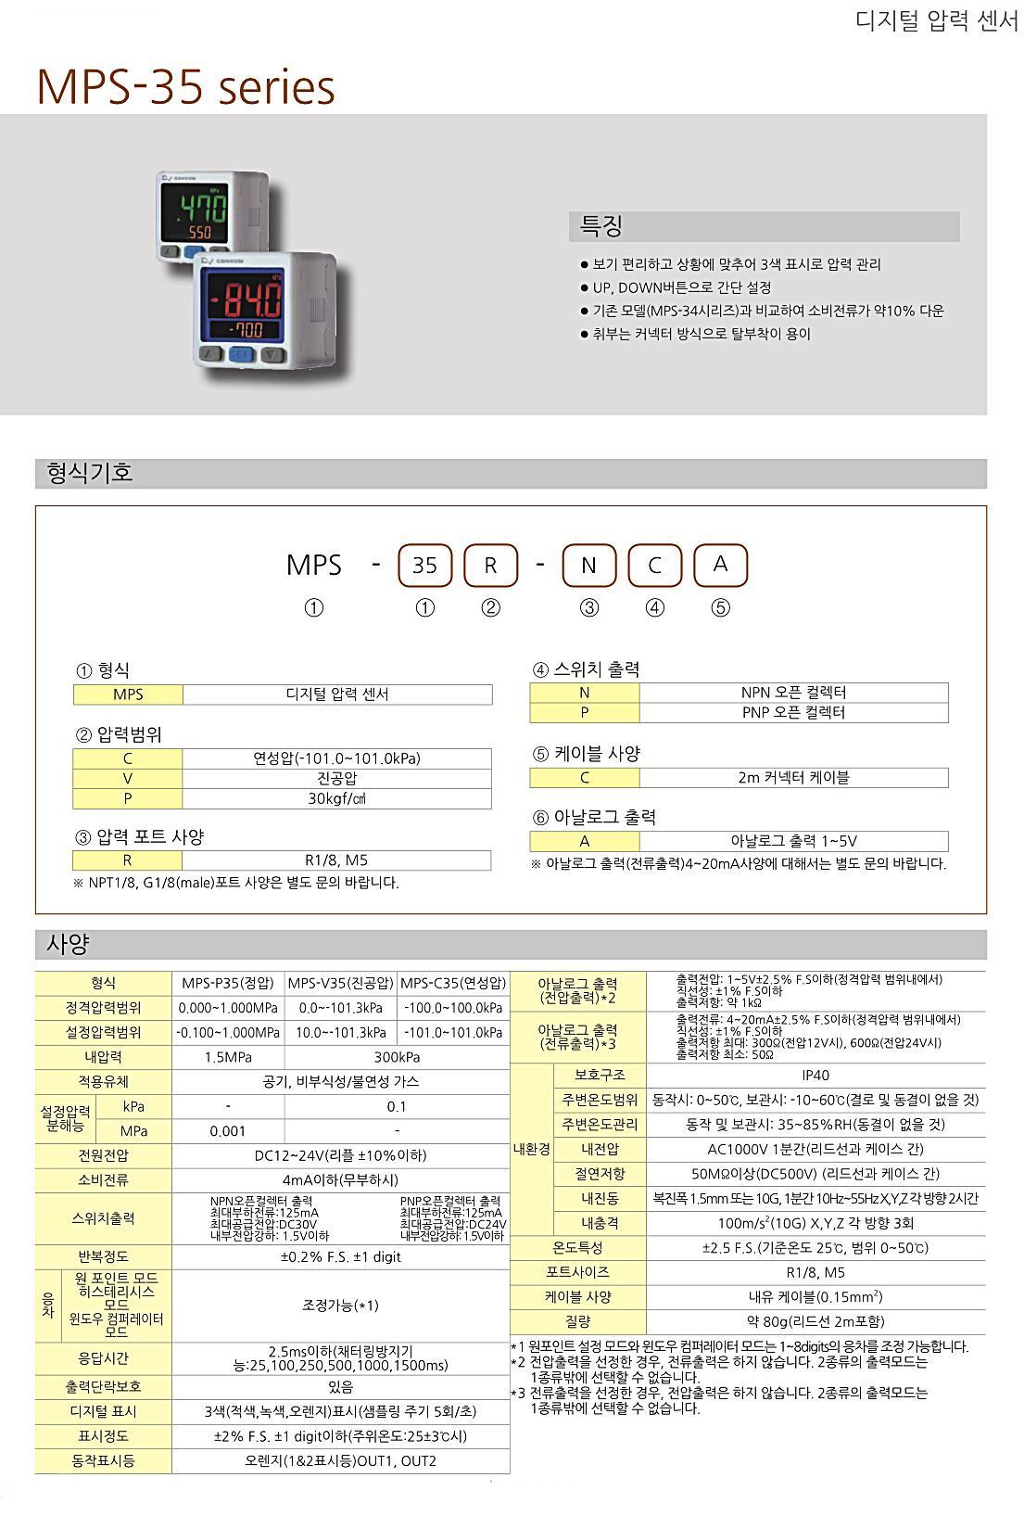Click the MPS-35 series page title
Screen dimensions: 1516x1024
click(x=185, y=87)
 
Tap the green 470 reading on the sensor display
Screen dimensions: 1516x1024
click(x=197, y=206)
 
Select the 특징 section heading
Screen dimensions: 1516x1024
click(x=601, y=226)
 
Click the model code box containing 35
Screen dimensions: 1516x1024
click(x=424, y=565)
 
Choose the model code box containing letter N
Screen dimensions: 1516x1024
click(x=588, y=565)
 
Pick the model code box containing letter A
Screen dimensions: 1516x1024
click(x=720, y=565)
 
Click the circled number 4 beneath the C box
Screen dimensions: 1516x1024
click(x=655, y=608)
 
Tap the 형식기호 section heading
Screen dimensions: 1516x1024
click(x=90, y=473)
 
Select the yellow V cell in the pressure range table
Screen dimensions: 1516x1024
click(x=128, y=779)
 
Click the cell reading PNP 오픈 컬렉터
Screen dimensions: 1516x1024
click(x=793, y=713)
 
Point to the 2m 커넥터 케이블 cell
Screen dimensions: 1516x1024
click(x=793, y=778)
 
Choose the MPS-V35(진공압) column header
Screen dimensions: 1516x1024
click(x=340, y=983)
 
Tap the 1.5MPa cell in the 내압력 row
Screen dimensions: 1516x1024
click(x=228, y=1057)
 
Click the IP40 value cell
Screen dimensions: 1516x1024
click(x=815, y=1076)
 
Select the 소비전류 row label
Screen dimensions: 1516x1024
click(x=104, y=1180)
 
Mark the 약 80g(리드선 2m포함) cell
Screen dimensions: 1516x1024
click(x=815, y=1321)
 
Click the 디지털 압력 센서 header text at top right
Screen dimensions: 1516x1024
click(x=936, y=22)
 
